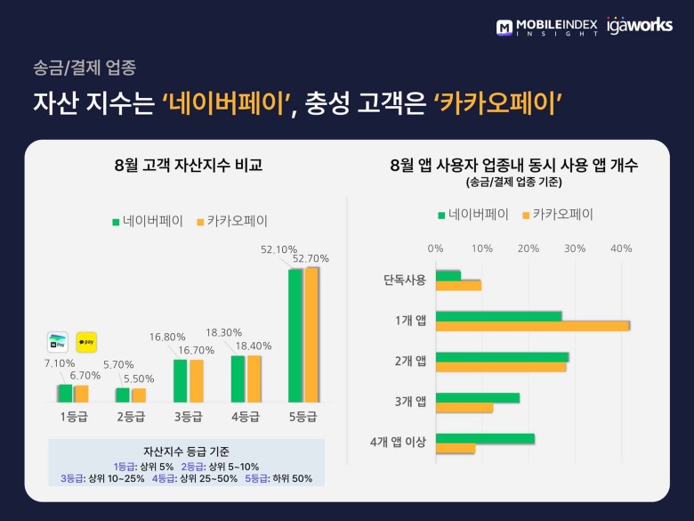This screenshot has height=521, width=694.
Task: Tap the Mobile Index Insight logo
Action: click(x=547, y=27)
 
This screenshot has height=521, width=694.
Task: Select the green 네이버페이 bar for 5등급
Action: click(x=295, y=335)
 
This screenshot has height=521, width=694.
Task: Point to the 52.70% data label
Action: click(x=311, y=258)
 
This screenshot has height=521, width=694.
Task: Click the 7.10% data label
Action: click(x=60, y=363)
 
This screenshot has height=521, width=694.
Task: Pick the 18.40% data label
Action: click(x=254, y=346)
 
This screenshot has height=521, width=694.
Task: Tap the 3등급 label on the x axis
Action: click(x=188, y=415)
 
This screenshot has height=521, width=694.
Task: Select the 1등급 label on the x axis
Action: click(x=73, y=415)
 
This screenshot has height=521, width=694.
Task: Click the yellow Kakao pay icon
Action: click(x=86, y=342)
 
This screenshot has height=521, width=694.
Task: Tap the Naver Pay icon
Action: click(x=58, y=342)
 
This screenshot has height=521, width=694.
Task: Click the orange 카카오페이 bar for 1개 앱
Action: click(x=533, y=326)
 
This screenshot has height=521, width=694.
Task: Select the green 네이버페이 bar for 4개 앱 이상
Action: click(x=485, y=438)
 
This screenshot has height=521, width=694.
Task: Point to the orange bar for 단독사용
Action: click(x=458, y=285)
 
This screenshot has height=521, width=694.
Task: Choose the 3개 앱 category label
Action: click(x=411, y=402)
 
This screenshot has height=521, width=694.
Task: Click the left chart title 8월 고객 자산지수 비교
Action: click(x=189, y=165)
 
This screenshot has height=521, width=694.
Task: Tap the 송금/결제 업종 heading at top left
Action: click(x=84, y=67)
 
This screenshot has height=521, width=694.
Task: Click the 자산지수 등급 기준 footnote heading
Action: click(x=186, y=451)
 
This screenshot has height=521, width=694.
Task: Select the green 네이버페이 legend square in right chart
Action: click(x=440, y=215)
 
